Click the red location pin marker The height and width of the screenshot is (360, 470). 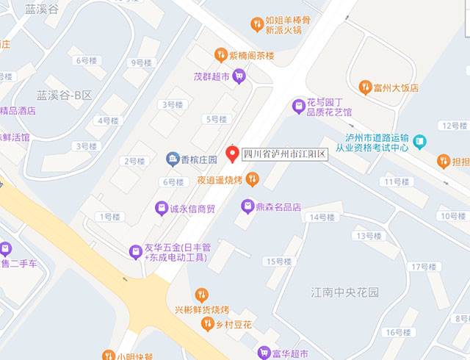[232, 154]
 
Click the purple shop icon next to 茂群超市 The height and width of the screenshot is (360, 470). [239, 76]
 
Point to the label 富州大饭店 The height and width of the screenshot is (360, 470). [395, 88]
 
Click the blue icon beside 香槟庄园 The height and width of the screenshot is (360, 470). [172, 159]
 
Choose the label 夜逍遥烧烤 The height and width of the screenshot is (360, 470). [220, 179]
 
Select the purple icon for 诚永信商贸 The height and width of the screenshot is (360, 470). [161, 209]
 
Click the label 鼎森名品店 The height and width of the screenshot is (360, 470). [278, 207]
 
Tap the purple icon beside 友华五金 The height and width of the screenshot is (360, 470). [135, 252]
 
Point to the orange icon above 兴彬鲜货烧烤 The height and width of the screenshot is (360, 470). [201, 295]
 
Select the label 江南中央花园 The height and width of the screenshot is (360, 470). [344, 292]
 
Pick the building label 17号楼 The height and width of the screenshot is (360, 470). [424, 266]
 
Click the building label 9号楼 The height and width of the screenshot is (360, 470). [140, 62]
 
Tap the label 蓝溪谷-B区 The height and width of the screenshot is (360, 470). [65, 95]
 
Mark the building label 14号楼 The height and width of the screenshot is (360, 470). [322, 217]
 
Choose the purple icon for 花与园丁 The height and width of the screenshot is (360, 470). [299, 107]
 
